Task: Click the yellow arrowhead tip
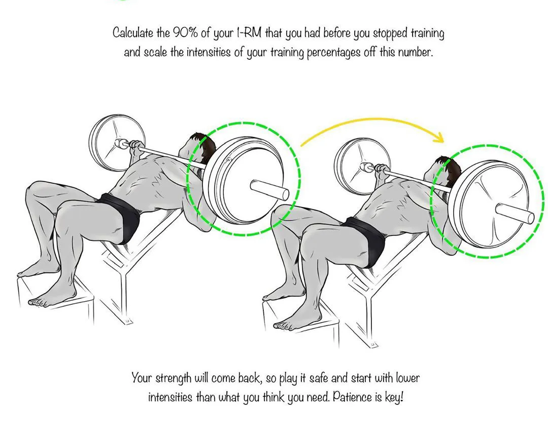(x=443, y=142)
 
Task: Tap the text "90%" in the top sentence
(x=186, y=33)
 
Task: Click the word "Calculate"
(x=133, y=33)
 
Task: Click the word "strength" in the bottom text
(x=173, y=378)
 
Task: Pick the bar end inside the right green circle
(x=514, y=213)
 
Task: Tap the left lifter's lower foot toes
(x=38, y=303)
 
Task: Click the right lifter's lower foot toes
(x=283, y=326)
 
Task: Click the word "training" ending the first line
(x=427, y=33)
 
